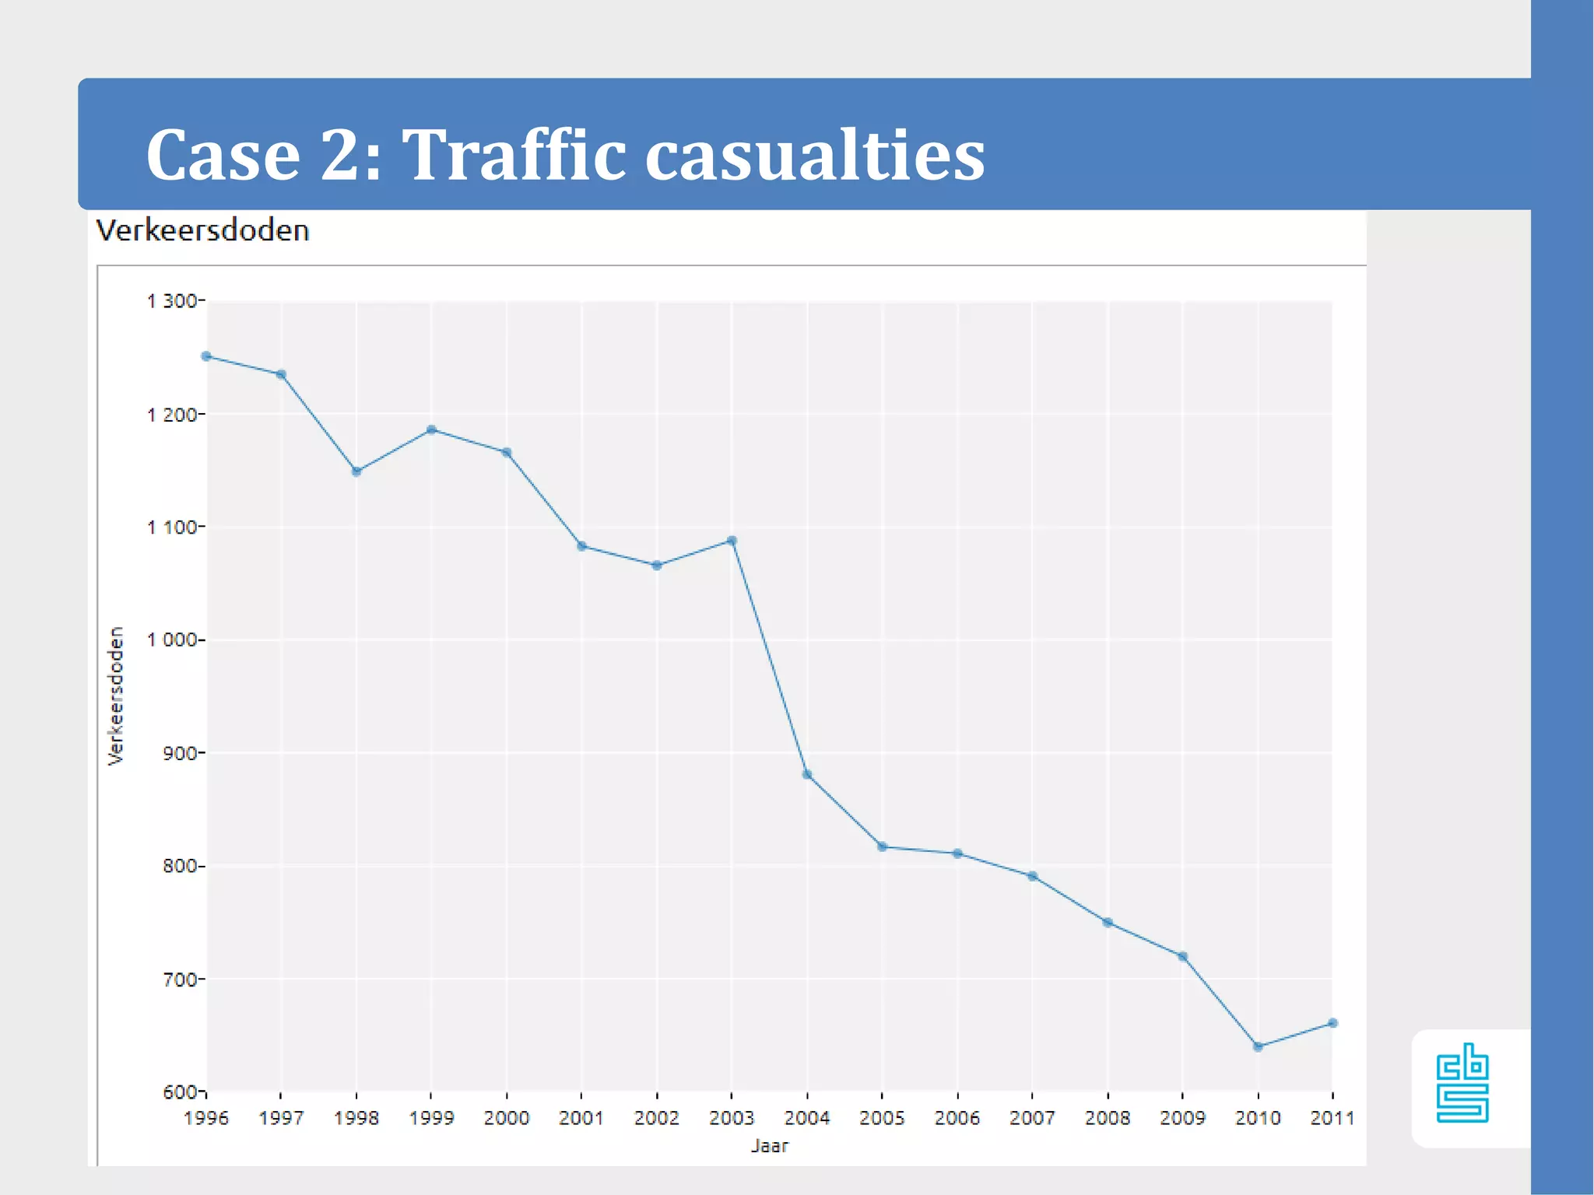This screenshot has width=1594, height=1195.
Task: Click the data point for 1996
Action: (x=206, y=356)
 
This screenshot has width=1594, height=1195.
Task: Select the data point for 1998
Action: (x=356, y=471)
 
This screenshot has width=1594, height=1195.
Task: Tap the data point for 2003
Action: (x=732, y=541)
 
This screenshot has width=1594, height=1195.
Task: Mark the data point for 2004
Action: (x=807, y=775)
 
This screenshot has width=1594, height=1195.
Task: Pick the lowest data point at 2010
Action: (x=1258, y=1047)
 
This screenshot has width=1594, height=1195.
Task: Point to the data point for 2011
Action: (x=1332, y=1023)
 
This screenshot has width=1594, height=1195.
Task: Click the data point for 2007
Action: (x=1033, y=876)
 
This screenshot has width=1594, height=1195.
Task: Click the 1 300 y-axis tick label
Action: (x=172, y=301)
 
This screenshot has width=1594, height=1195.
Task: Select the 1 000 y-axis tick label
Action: (x=172, y=640)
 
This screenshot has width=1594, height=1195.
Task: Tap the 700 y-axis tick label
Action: (x=179, y=979)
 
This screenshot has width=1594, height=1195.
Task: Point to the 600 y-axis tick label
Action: (x=179, y=1092)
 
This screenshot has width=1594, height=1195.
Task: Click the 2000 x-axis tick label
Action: (x=507, y=1118)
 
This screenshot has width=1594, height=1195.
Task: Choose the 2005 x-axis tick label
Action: (x=882, y=1118)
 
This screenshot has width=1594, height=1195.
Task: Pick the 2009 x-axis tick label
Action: (x=1182, y=1118)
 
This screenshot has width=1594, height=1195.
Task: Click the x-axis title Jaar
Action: (x=769, y=1146)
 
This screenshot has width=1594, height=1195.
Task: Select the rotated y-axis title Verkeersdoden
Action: (x=116, y=696)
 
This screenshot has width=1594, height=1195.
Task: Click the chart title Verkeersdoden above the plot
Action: (x=202, y=231)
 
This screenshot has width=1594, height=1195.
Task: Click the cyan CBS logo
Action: (x=1462, y=1084)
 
